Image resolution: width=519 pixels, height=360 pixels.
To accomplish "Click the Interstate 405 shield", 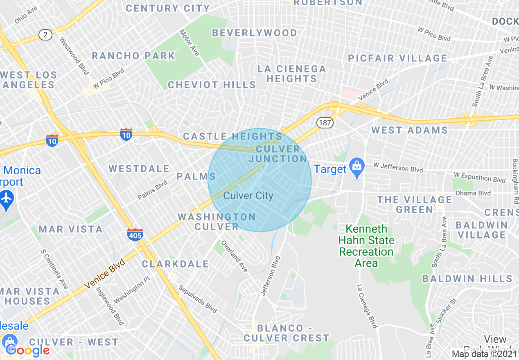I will coord(135,235).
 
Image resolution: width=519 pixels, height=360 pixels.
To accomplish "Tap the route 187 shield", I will coord(324,122).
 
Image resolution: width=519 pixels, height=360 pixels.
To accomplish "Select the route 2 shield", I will coord(45,35).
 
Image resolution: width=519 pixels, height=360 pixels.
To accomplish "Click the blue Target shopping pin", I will coord(357,168).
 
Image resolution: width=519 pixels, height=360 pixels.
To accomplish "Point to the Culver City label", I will coord(248,196).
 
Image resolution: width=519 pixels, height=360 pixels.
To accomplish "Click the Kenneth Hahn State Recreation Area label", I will coord(366,245).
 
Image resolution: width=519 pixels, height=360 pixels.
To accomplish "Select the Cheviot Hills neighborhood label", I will coord(212,85).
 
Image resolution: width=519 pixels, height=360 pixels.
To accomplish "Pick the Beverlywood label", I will coord(255,33).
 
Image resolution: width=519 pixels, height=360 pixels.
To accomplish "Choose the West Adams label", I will coord(409,130).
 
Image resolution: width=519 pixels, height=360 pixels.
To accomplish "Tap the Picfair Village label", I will coord(397,58).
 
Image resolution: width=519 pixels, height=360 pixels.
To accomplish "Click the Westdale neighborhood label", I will coord(139,169).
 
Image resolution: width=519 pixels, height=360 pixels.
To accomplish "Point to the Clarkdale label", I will coord(176,264).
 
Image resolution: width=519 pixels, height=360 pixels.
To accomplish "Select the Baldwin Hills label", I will coord(467,279).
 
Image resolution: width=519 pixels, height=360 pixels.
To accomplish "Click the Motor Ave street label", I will coord(190,43).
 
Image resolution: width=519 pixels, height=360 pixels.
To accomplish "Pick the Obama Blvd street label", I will coord(473,193).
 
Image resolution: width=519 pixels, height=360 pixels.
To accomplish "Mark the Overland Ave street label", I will coord(235,256).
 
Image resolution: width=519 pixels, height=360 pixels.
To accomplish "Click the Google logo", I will coord(28,350).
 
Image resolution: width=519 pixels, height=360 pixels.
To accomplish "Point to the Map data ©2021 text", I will coord(484,354).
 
